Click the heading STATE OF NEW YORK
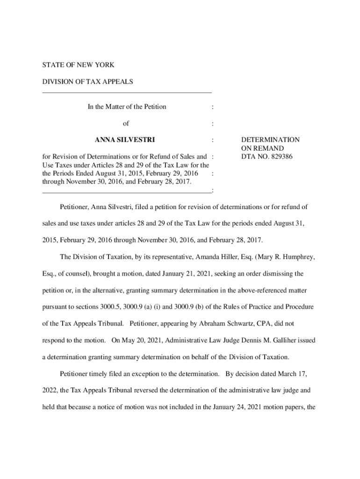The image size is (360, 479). pyautogui.click(x=78, y=65)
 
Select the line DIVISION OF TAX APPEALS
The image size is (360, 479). pyautogui.click(x=87, y=82)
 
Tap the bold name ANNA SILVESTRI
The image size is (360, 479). pyautogui.click(x=125, y=140)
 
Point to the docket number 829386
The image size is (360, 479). pyautogui.click(x=280, y=157)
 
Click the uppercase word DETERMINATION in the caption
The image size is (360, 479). pyautogui.click(x=270, y=140)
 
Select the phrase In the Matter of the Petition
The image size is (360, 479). pyautogui.click(x=127, y=107)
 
